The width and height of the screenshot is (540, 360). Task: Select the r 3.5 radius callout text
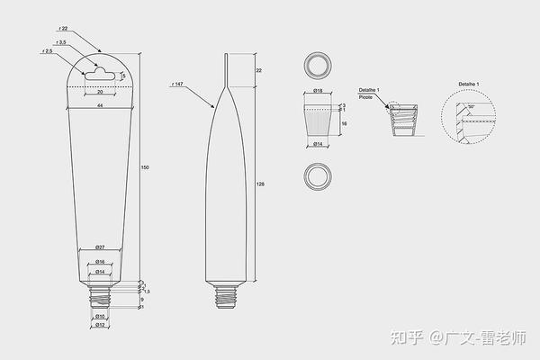pyautogui.click(x=60, y=42)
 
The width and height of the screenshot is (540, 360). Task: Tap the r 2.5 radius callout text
pyautogui.click(x=47, y=52)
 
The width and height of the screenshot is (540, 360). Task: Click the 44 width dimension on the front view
pyautogui.click(x=99, y=107)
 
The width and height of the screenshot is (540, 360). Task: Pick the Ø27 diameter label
pyautogui.click(x=100, y=247)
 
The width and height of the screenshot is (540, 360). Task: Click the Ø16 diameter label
pyautogui.click(x=100, y=262)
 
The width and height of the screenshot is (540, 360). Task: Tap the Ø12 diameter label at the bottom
pyautogui.click(x=101, y=325)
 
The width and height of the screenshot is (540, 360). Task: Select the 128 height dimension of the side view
pyautogui.click(x=259, y=183)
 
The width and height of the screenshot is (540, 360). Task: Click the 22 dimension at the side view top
pyautogui.click(x=259, y=69)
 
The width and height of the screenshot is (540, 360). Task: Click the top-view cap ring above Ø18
pyautogui.click(x=317, y=64)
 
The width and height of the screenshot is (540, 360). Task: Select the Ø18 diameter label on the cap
pyautogui.click(x=318, y=91)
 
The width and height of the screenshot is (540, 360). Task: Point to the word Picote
pyautogui.click(x=365, y=97)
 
